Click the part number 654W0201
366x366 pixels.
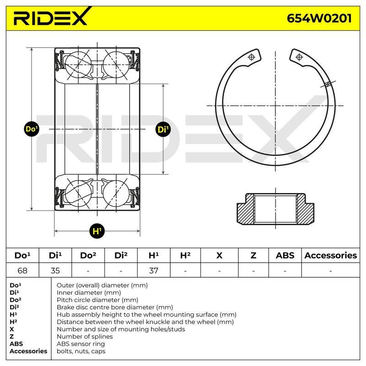(319, 18)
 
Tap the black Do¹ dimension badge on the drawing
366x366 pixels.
(32, 129)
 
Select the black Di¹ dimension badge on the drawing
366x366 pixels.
(163, 129)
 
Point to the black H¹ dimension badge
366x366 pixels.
(97, 231)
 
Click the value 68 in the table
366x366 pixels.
(22, 270)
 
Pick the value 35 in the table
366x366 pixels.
(55, 270)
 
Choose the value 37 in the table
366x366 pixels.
(154, 270)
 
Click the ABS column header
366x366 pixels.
(285, 255)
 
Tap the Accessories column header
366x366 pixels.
(330, 255)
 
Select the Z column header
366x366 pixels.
(253, 255)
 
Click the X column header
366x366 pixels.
(219, 255)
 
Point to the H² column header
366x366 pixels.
(185, 255)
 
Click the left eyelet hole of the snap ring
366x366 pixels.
(252, 57)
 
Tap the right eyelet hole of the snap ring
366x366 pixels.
(299, 57)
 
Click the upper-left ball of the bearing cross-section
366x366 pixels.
(78, 65)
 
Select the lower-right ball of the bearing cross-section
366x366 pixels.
(116, 194)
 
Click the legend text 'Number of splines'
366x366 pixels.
(85, 336)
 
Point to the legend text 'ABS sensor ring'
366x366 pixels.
(81, 344)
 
